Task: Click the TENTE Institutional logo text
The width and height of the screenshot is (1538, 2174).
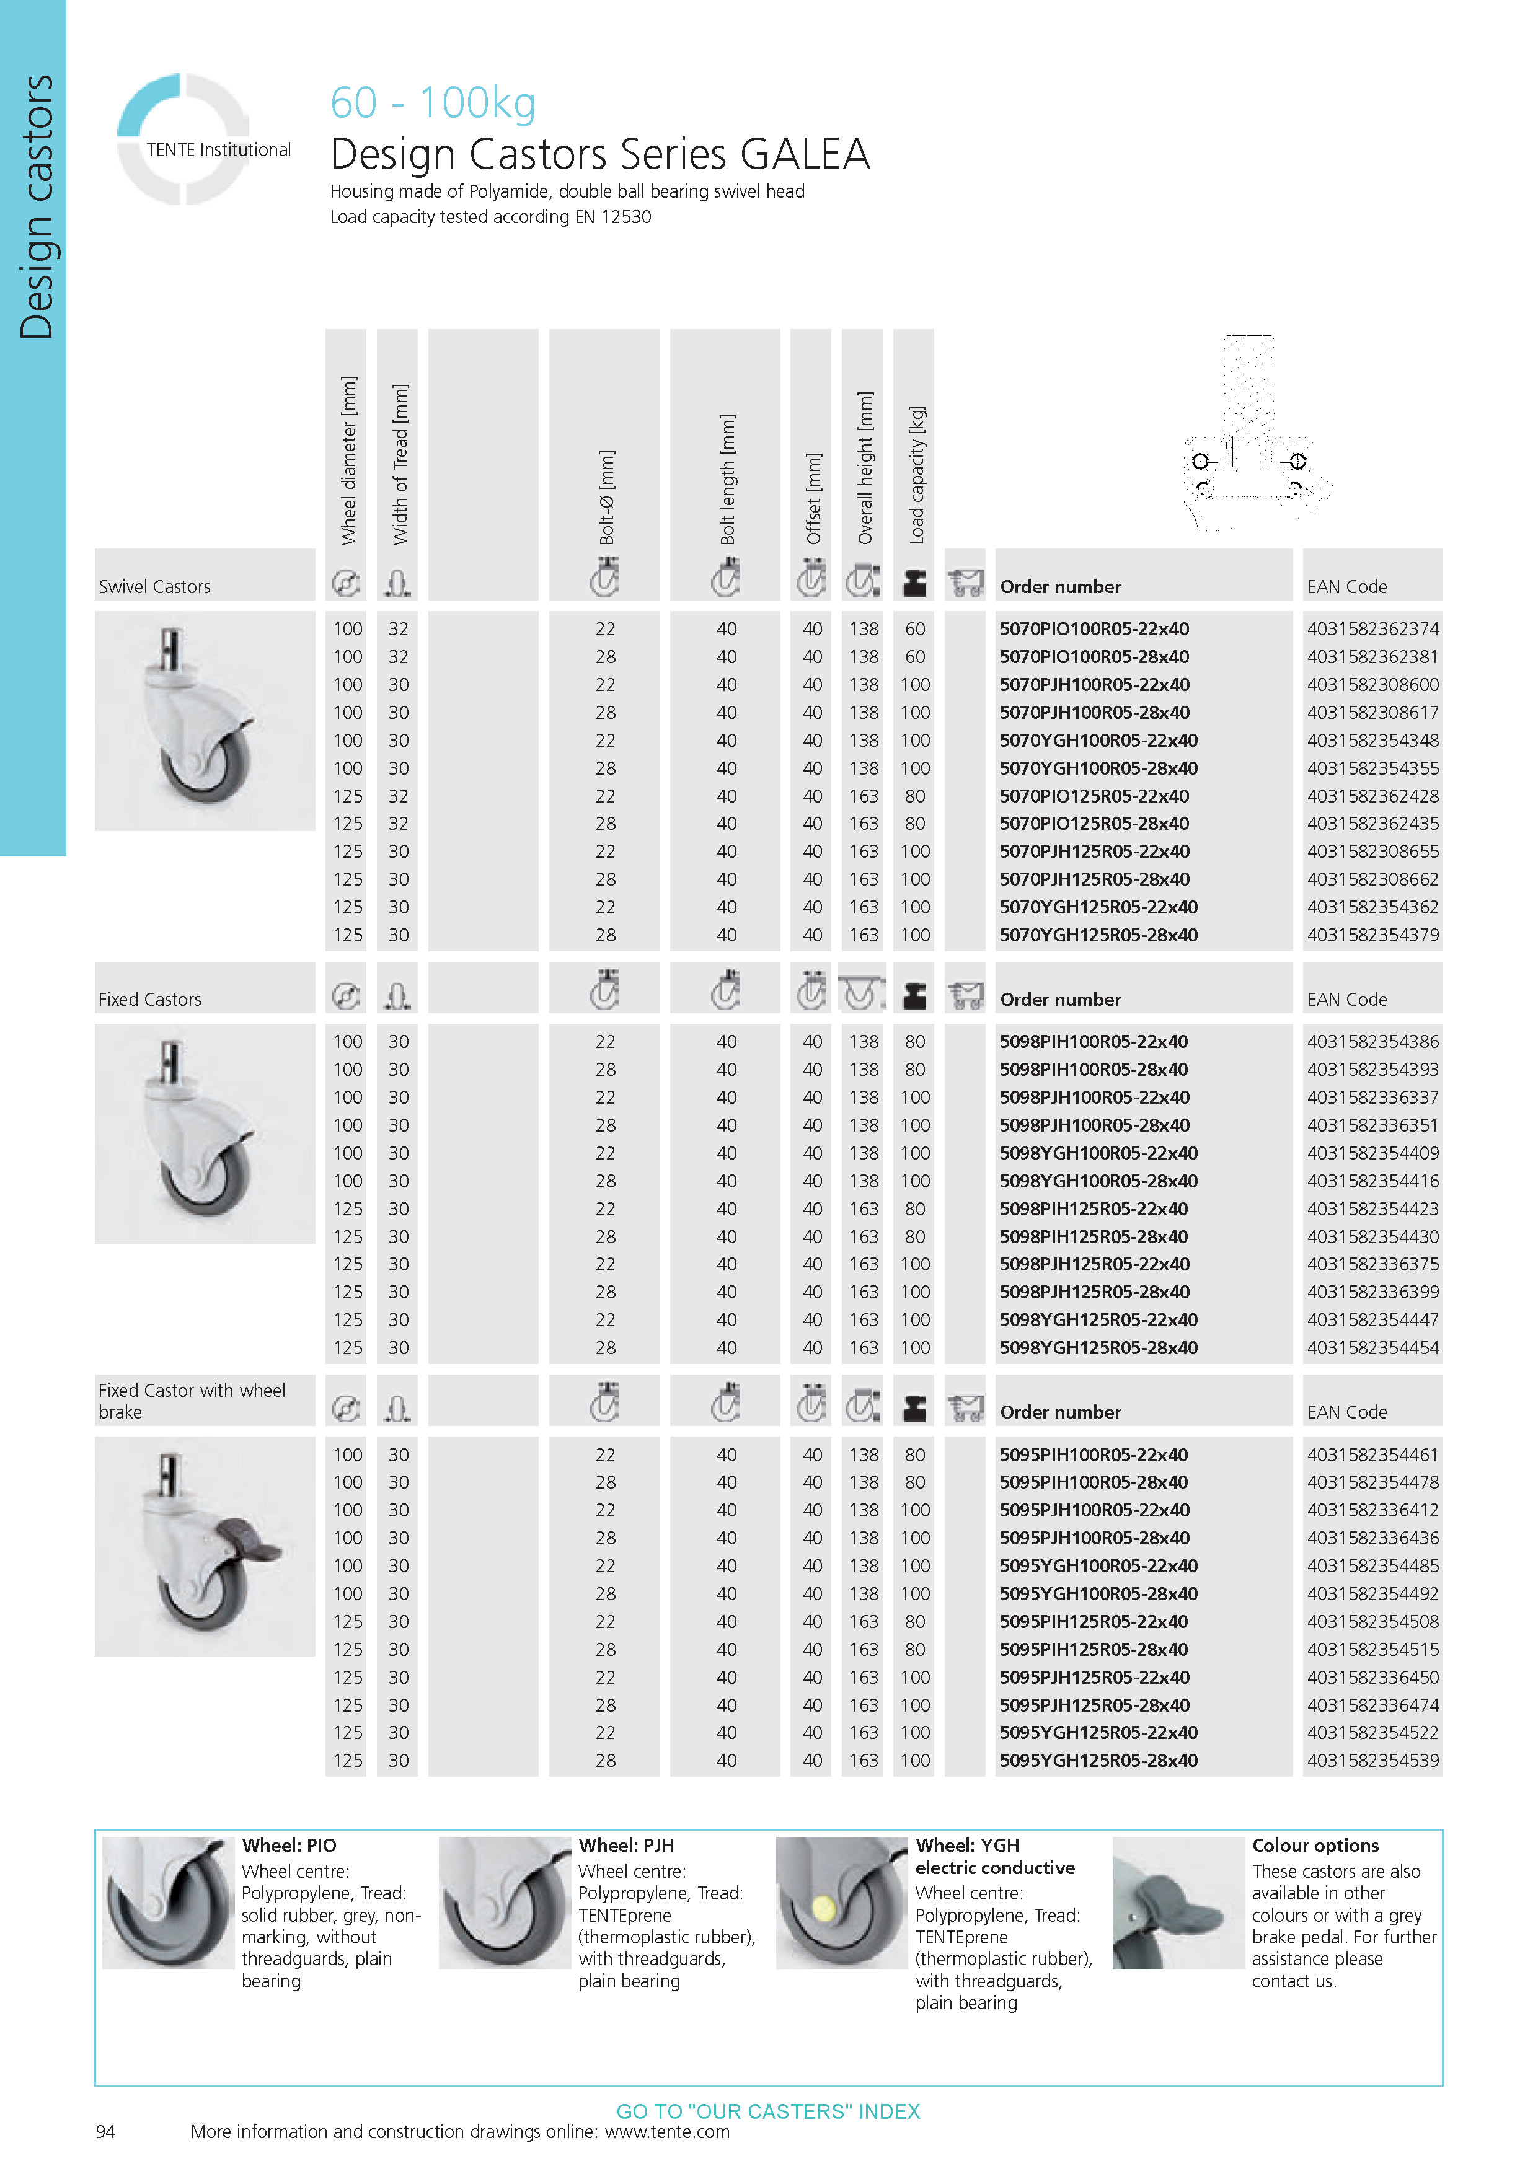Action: click(218, 149)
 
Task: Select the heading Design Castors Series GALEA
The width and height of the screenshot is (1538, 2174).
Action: click(599, 154)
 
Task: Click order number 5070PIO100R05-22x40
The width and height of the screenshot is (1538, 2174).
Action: click(1094, 629)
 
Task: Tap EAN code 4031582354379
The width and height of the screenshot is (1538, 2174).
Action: click(1372, 935)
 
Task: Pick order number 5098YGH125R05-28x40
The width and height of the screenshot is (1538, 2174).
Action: click(1098, 1347)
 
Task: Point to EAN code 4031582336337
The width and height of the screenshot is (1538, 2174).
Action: click(1372, 1098)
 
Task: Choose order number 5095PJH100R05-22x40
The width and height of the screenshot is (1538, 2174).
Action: click(1094, 1510)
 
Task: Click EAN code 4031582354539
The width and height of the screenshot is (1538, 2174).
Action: click(1372, 1760)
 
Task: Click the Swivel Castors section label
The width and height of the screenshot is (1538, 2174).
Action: click(154, 587)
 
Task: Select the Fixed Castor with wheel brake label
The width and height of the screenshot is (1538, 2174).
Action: click(192, 1401)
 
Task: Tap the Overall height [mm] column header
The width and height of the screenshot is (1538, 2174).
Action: click(865, 468)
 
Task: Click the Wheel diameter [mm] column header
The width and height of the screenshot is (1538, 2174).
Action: click(348, 460)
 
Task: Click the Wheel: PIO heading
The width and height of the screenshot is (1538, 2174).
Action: click(289, 1846)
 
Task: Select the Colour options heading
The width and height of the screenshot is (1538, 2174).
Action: click(1314, 1846)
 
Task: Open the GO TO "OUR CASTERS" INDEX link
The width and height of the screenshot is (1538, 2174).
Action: click(768, 2111)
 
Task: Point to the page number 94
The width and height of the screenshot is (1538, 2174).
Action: click(105, 2131)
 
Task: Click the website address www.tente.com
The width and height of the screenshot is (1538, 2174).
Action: click(667, 2131)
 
